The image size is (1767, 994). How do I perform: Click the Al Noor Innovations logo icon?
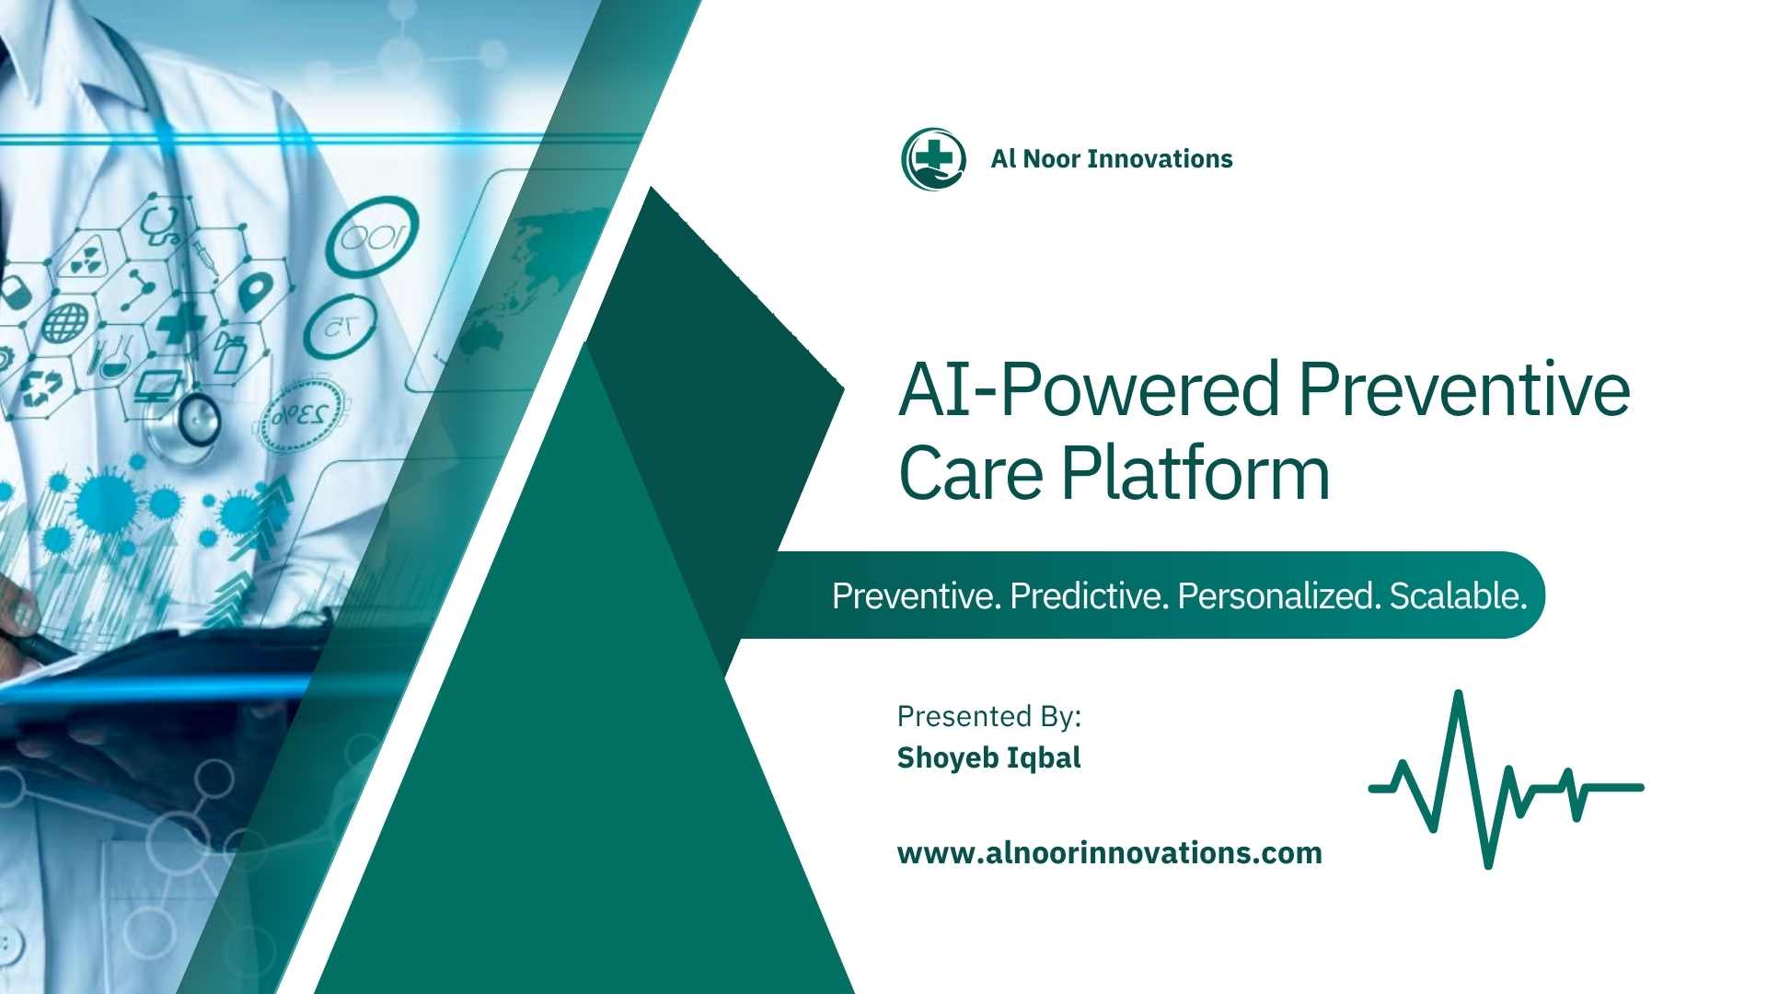pyautogui.click(x=933, y=158)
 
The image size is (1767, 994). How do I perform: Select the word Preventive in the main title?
pyautogui.click(x=1464, y=389)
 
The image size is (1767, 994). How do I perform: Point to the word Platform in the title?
pyautogui.click(x=1196, y=474)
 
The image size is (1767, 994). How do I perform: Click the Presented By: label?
pyautogui.click(x=989, y=716)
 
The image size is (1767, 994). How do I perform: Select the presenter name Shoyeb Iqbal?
pyautogui.click(x=989, y=757)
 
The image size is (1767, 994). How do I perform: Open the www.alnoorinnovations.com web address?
pyautogui.click(x=1110, y=853)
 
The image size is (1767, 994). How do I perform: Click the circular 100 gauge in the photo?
pyautogui.click(x=372, y=238)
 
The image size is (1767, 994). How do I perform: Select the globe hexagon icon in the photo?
pyautogui.click(x=65, y=322)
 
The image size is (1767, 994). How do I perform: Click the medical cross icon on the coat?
pyautogui.click(x=180, y=322)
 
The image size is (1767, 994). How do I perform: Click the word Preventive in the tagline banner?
pyautogui.click(x=917, y=596)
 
